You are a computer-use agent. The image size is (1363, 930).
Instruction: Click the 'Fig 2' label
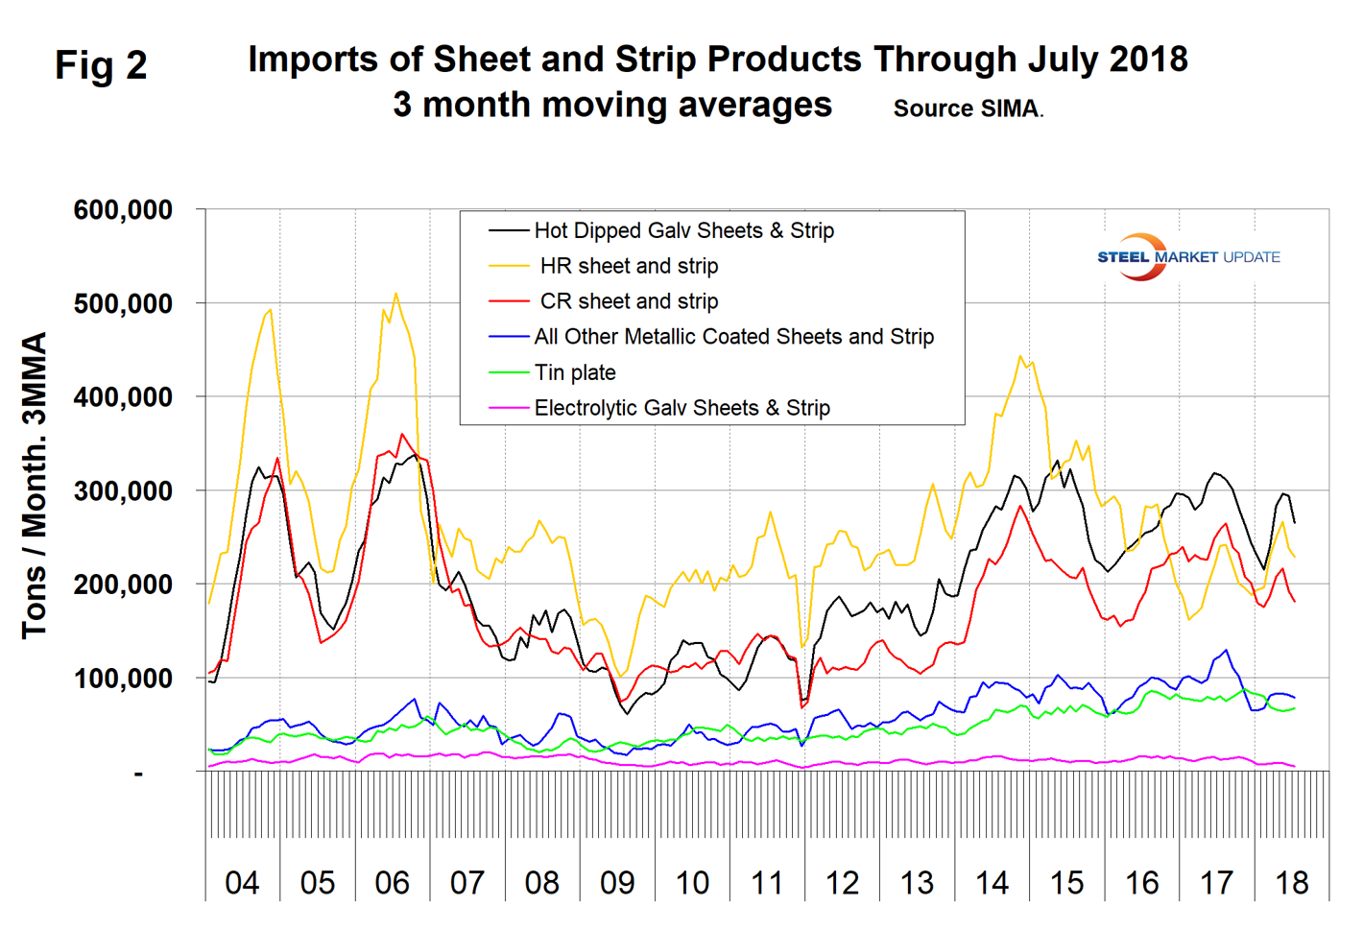pyautogui.click(x=101, y=65)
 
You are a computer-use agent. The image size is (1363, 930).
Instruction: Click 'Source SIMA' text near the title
pyautogui.click(x=967, y=108)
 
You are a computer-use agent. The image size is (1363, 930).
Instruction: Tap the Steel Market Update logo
pyautogui.click(x=1187, y=257)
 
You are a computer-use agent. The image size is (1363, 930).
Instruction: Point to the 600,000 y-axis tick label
pyautogui.click(x=123, y=210)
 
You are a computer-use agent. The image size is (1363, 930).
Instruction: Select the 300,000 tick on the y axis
pyautogui.click(x=123, y=491)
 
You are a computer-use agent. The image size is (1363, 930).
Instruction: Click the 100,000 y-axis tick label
pyautogui.click(x=123, y=679)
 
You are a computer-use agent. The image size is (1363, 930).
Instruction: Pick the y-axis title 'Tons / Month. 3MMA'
pyautogui.click(x=35, y=485)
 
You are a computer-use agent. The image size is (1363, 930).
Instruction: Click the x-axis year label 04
pyautogui.click(x=242, y=882)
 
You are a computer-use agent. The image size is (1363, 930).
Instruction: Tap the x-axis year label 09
pyautogui.click(x=617, y=882)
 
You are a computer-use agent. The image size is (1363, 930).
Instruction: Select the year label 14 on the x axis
pyautogui.click(x=992, y=882)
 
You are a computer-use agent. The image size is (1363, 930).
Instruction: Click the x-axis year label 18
pyautogui.click(x=1292, y=882)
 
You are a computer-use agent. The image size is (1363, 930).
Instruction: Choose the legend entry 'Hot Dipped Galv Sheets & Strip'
pyautogui.click(x=683, y=230)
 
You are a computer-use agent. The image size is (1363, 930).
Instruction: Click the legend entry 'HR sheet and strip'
pyautogui.click(x=629, y=266)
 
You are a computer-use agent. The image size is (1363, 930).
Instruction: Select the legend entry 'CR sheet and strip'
pyautogui.click(x=629, y=301)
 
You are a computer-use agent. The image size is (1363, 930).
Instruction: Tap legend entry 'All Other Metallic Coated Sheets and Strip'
pyautogui.click(x=733, y=337)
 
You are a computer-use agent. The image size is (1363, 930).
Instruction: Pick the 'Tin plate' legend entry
pyautogui.click(x=575, y=372)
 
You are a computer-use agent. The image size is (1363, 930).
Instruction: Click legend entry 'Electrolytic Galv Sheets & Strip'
pyautogui.click(x=681, y=408)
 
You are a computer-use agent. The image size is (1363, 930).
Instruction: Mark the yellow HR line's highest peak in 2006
pyautogui.click(x=395, y=294)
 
